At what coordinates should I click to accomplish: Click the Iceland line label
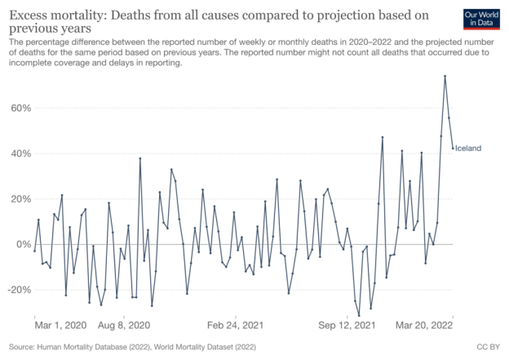click(x=468, y=148)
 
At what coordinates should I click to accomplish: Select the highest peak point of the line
click(x=445, y=77)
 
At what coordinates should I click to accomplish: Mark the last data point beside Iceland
click(x=453, y=148)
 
